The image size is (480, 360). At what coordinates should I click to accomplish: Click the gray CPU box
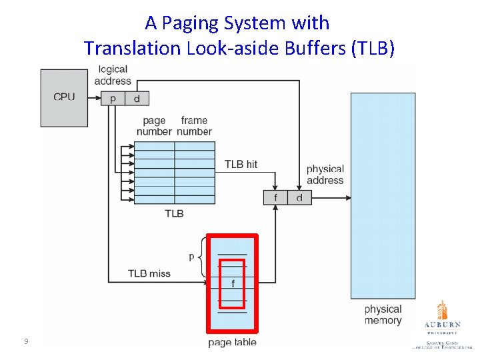[64, 97]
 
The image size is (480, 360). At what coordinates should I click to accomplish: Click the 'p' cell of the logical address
[112, 98]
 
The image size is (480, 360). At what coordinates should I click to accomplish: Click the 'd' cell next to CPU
[137, 98]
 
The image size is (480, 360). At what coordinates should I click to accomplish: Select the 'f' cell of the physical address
[275, 197]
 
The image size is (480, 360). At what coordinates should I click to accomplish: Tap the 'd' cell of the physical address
[299, 197]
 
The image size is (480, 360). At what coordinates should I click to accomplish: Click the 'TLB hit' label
[241, 164]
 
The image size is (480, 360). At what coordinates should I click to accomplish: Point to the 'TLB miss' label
[149, 273]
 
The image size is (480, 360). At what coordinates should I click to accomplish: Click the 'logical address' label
[113, 75]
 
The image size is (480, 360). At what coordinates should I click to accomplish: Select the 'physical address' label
[325, 175]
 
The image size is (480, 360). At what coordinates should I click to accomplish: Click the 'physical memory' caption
[383, 315]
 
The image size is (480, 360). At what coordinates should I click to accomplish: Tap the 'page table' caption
[232, 343]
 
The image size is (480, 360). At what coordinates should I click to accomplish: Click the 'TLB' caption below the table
[174, 213]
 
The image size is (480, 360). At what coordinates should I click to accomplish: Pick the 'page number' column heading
[154, 126]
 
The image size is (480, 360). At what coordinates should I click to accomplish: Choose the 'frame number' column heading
[194, 126]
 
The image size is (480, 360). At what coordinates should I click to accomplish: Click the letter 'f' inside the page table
[232, 283]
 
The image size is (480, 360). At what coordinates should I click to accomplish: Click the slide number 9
[25, 342]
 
